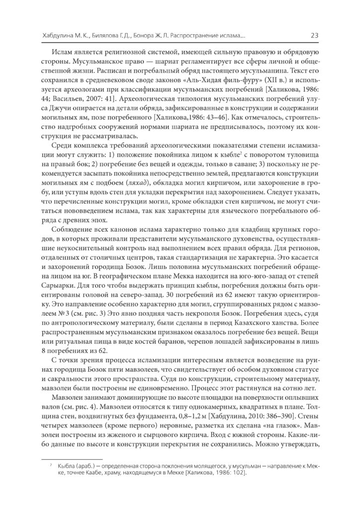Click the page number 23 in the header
(x=314, y=35)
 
